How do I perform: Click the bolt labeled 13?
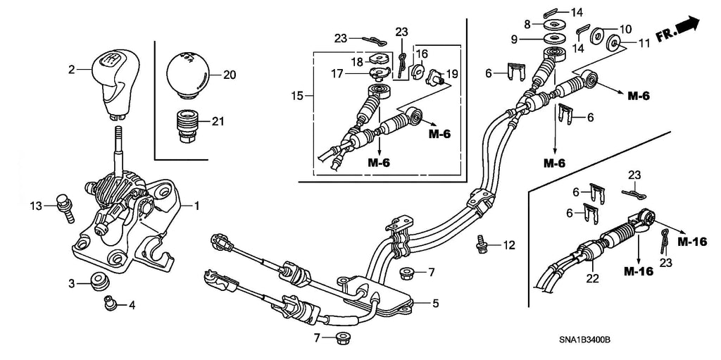(65, 206)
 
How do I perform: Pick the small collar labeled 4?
(110, 304)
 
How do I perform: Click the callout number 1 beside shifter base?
(196, 206)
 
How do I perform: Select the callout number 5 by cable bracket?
(435, 304)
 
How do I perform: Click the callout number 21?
(218, 121)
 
